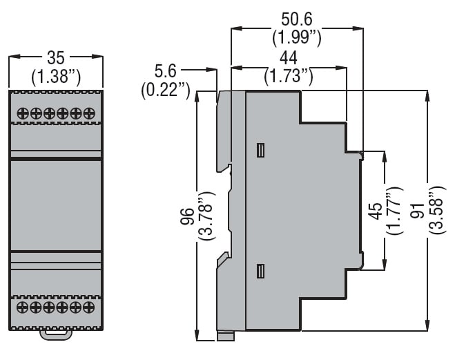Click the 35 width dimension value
click(x=56, y=57)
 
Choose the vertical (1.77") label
click(x=394, y=211)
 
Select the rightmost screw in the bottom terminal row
click(x=88, y=306)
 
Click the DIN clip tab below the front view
click(x=56, y=335)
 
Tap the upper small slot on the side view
click(x=260, y=151)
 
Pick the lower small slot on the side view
click(x=260, y=272)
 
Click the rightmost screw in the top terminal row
click(x=88, y=113)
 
